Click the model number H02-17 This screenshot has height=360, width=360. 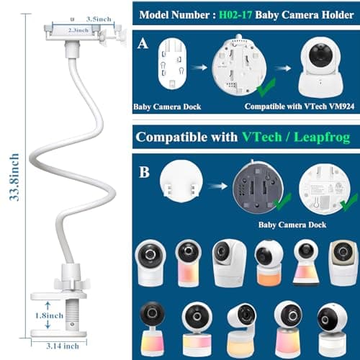tap(235, 15)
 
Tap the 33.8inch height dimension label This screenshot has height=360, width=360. tap(14, 177)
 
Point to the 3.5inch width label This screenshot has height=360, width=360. tap(99, 19)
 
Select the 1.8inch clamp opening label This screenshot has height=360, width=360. tap(49, 315)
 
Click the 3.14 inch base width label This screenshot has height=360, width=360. tap(63, 346)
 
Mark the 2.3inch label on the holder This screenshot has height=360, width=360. tap(78, 30)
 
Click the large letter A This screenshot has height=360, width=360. tap(143, 44)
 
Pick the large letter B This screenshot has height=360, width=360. tap(144, 172)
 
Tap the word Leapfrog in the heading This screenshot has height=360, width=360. tap(322, 138)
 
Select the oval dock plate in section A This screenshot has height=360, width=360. tap(172, 64)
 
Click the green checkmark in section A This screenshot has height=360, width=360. tap(266, 87)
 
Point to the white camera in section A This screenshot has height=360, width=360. tap(320, 68)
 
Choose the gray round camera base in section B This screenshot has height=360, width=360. tap(258, 187)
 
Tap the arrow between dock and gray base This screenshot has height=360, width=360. tap(217, 186)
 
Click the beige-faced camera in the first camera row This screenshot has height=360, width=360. tap(343, 263)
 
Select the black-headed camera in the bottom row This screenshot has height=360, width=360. tap(152, 329)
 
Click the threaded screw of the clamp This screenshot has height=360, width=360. tap(72, 315)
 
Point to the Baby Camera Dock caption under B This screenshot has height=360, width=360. tap(292, 225)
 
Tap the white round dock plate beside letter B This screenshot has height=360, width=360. tap(181, 181)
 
